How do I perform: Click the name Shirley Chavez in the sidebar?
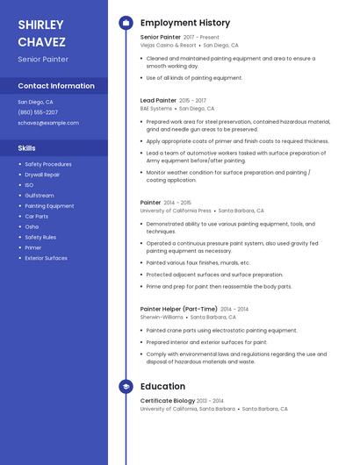40,32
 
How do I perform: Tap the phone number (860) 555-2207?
38,112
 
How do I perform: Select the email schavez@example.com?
48,123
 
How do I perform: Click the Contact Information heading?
56,86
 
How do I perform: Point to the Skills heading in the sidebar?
26,148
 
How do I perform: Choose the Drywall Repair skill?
42,175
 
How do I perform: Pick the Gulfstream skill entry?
40,196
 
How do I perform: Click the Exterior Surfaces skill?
46,258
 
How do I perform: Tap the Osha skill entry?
32,226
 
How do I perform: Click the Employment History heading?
185,23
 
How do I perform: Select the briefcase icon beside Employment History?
126,23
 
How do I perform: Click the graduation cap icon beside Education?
126,386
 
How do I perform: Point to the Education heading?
162,386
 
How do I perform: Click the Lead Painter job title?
159,101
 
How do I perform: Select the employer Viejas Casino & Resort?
168,45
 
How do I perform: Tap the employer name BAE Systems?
156,109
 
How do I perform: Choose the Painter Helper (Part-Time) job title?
178,309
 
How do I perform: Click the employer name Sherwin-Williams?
162,317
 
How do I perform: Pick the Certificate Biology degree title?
167,401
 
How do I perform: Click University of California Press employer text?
176,211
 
